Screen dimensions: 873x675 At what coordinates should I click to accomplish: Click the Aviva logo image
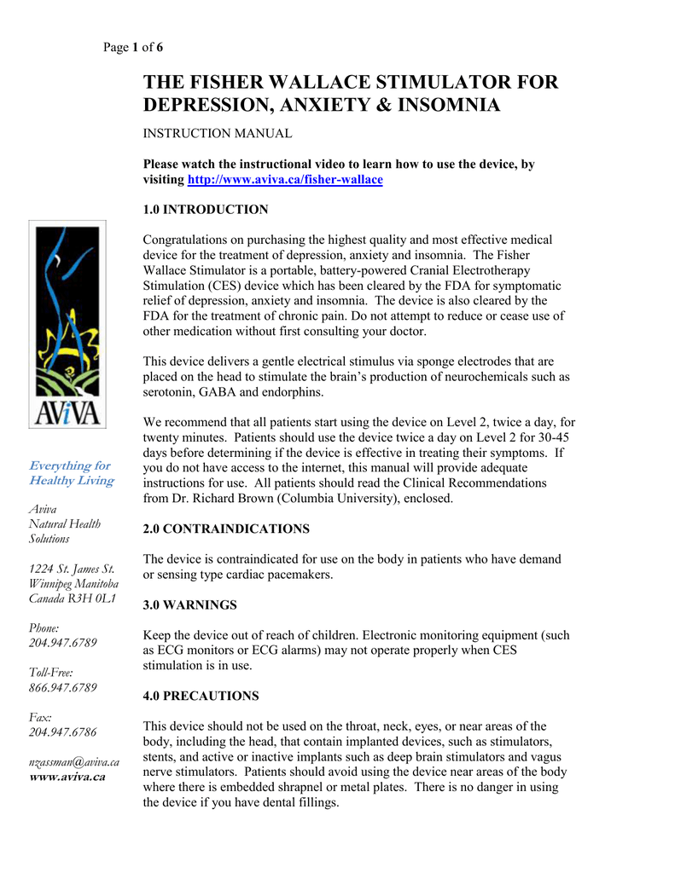[x=67, y=325]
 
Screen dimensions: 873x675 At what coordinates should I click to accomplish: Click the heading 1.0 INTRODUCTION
[x=206, y=210]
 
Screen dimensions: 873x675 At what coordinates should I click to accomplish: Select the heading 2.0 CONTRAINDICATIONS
[x=226, y=529]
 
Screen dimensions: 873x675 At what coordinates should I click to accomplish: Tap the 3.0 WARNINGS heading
[x=189, y=605]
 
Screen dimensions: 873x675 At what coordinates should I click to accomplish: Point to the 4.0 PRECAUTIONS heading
[x=201, y=697]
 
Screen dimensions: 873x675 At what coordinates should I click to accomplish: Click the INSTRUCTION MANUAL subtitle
[x=218, y=134]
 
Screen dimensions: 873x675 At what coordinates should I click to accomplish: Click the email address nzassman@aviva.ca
[x=73, y=761]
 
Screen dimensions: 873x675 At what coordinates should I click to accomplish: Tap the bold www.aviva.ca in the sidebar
[x=67, y=777]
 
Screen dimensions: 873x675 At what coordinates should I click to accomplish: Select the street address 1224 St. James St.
[x=72, y=569]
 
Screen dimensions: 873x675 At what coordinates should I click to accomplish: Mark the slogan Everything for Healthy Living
[x=71, y=473]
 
